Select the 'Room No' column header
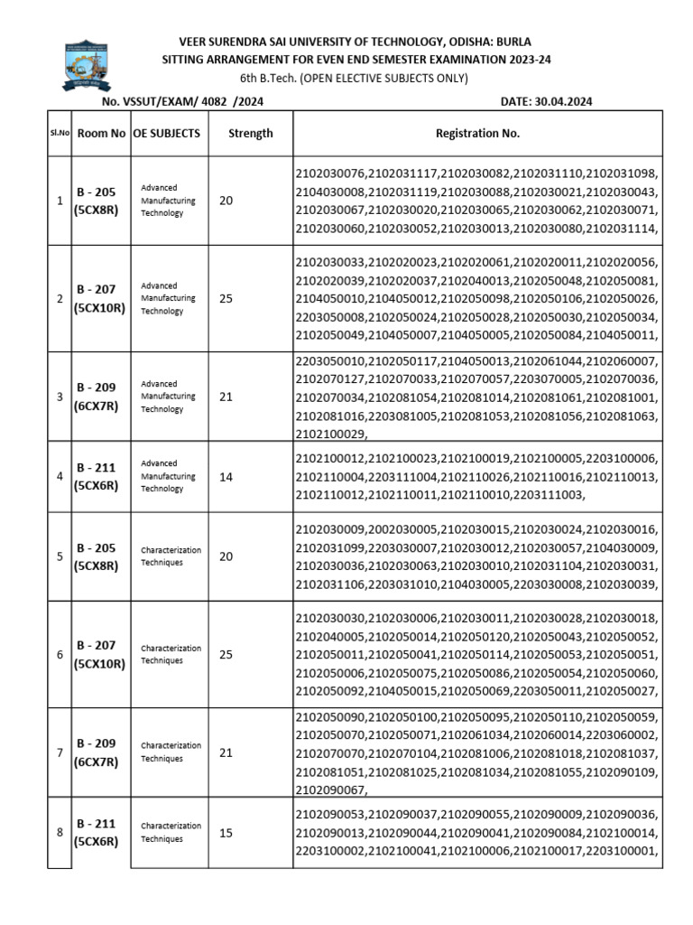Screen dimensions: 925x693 pyautogui.click(x=101, y=133)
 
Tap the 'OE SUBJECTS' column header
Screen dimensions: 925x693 pyautogui.click(x=167, y=133)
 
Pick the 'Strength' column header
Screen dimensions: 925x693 pyautogui.click(x=250, y=133)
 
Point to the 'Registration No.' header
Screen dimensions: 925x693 pyautogui.click(x=477, y=133)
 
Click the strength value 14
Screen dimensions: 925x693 pyautogui.click(x=226, y=476)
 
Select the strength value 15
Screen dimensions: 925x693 pyautogui.click(x=226, y=833)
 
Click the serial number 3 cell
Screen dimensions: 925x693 pyautogui.click(x=60, y=397)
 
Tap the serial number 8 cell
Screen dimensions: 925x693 pyautogui.click(x=60, y=833)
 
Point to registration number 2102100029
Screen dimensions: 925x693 pyautogui.click(x=329, y=434)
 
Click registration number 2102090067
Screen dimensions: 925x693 pyautogui.click(x=329, y=790)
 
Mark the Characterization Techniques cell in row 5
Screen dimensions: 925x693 pyautogui.click(x=171, y=556)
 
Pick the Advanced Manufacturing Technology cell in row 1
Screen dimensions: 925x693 pyautogui.click(x=162, y=201)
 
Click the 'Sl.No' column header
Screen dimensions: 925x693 pyautogui.click(x=60, y=133)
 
